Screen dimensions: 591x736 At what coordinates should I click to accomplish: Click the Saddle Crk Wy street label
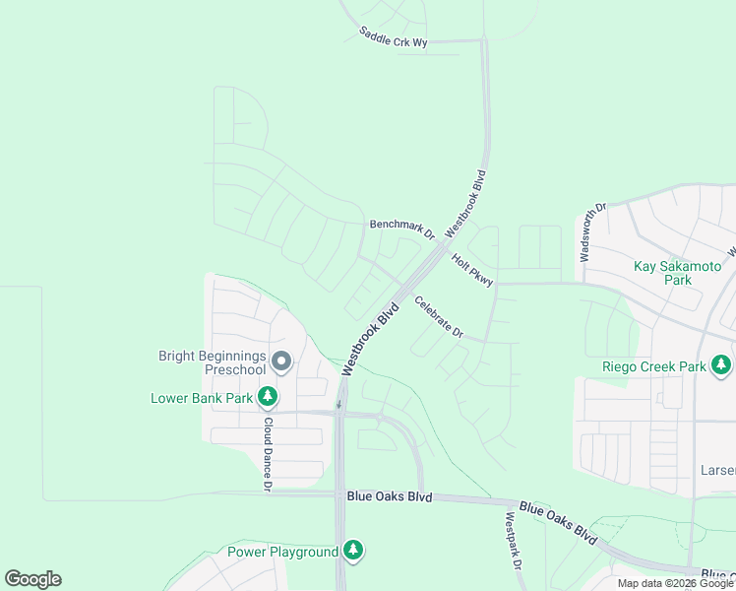tap(394, 36)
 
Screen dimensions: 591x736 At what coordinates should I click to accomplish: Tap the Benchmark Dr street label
tap(401, 229)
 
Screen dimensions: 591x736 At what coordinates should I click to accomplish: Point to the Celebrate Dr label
tap(439, 317)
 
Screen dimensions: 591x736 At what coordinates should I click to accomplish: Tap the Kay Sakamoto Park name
tap(677, 273)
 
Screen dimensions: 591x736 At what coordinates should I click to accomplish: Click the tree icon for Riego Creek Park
tap(721, 366)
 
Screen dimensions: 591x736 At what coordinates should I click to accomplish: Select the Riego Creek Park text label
tap(654, 367)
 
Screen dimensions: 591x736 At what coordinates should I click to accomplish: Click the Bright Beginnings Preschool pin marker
tap(281, 361)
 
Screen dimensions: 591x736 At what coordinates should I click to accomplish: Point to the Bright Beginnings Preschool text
tap(213, 362)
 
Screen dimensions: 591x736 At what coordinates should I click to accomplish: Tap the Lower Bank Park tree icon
tap(267, 397)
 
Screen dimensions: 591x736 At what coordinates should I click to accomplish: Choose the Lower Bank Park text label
tap(202, 398)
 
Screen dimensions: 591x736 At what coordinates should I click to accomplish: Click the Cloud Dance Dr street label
tap(267, 453)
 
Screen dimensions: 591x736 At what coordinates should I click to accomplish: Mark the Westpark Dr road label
tap(513, 542)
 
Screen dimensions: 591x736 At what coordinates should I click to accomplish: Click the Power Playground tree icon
tap(352, 551)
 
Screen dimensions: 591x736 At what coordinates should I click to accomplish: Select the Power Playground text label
tap(282, 552)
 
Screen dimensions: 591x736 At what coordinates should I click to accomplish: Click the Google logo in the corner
tap(32, 579)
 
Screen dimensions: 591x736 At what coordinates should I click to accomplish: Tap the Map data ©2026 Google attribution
tap(675, 583)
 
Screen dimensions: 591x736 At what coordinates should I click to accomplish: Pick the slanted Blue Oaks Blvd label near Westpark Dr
tap(558, 523)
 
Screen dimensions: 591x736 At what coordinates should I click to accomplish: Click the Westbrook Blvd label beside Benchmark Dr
tap(466, 203)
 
